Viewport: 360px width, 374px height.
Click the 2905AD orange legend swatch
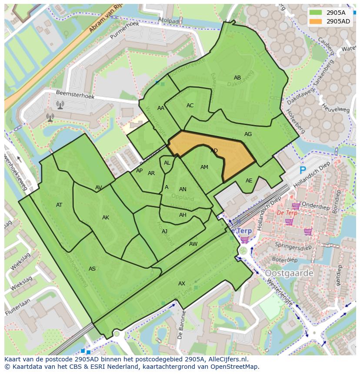pyautogui.click(x=316, y=21)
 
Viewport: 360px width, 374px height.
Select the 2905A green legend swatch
pyautogui.click(x=316, y=13)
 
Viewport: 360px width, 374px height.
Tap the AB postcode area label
pyautogui.click(x=237, y=78)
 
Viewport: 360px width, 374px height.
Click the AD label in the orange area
pyautogui.click(x=214, y=151)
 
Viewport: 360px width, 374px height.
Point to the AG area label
pyautogui.click(x=248, y=134)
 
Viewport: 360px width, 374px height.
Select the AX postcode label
pyautogui.click(x=182, y=284)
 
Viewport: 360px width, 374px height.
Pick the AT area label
pyautogui.click(x=59, y=205)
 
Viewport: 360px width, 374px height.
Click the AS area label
pyautogui.click(x=92, y=269)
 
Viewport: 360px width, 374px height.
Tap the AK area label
pyautogui.click(x=106, y=218)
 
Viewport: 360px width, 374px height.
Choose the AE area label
pyautogui.click(x=249, y=181)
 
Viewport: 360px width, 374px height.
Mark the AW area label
pyautogui.click(x=193, y=244)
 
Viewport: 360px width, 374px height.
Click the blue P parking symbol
pyautogui.click(x=303, y=171)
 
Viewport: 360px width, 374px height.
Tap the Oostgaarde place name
pyautogui.click(x=289, y=273)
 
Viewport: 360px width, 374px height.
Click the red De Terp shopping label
pyautogui.click(x=287, y=213)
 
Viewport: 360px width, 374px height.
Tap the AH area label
pyautogui.click(x=183, y=215)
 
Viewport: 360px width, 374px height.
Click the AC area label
pyautogui.click(x=190, y=106)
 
